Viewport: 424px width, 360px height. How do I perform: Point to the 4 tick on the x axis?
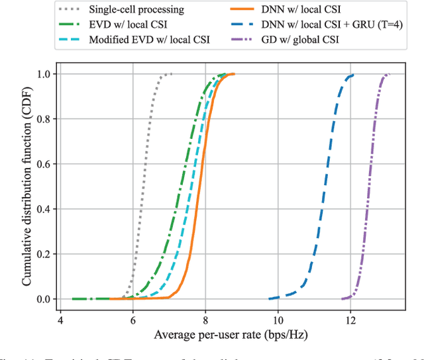coord(60,316)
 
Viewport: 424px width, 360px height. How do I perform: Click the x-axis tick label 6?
coord(132,316)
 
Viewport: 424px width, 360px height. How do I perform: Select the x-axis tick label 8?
coord(205,316)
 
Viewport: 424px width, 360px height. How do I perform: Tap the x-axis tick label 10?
coord(278,316)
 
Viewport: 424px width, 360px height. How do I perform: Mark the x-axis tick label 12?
coord(350,316)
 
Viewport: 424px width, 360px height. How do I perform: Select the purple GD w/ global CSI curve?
coord(369,187)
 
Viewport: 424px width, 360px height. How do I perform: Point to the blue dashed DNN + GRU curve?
coord(323,187)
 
